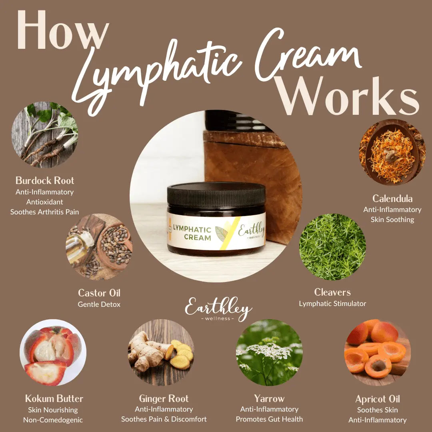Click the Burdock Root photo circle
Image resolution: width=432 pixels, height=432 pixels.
coord(44,134)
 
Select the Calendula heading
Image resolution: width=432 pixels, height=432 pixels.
coord(392,198)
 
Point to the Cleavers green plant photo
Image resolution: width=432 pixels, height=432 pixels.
coord(332,246)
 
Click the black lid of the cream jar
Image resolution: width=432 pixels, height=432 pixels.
coord(216,195)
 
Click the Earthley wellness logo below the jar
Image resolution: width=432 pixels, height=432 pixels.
coord(218,309)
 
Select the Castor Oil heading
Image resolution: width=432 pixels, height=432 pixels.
coord(99,293)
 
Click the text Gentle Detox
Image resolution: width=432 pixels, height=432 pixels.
coord(99,304)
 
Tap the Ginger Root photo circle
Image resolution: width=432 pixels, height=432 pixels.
coord(161,352)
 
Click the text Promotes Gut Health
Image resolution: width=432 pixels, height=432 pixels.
coord(269,419)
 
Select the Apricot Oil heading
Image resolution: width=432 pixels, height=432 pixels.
coord(377,399)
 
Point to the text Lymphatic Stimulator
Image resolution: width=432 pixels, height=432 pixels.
coord(332,304)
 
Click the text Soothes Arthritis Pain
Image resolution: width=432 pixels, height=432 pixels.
coord(44,212)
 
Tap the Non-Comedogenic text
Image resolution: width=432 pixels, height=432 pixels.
coord(53,420)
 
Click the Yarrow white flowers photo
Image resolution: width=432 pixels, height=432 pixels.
coord(269,352)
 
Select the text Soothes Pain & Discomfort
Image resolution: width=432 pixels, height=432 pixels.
coord(164,419)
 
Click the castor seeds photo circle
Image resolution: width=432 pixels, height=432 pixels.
coord(99,246)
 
